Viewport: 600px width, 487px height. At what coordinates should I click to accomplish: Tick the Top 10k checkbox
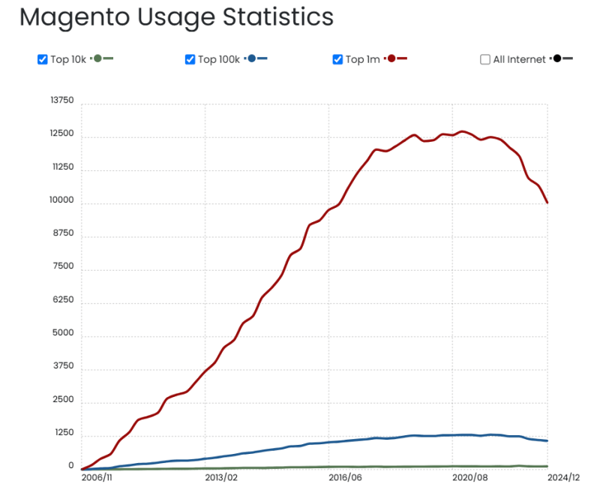pos(43,59)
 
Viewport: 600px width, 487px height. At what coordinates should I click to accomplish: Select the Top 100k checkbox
pos(190,59)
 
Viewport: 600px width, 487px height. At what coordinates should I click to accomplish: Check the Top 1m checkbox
pos(337,59)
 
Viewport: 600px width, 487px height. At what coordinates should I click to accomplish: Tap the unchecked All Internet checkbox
pos(485,59)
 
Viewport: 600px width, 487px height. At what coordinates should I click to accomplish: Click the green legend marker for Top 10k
pos(97,59)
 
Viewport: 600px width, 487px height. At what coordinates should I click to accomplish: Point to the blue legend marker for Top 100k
pos(252,59)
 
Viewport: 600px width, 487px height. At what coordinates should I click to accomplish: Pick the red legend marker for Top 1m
pos(391,59)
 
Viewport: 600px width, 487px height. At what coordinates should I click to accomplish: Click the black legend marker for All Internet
pos(556,59)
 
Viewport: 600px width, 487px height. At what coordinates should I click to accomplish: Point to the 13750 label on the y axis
pos(61,101)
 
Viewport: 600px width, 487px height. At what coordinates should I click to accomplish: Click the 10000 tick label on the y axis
pos(61,200)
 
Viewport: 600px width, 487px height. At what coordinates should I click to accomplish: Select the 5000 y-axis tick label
pos(64,333)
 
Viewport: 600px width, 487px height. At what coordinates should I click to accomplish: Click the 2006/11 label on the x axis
pos(97,476)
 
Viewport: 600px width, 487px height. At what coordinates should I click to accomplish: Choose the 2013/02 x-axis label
pos(221,476)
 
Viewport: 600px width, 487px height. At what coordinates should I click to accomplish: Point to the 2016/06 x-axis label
pos(346,476)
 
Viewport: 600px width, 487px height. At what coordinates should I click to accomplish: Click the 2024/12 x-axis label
pos(564,476)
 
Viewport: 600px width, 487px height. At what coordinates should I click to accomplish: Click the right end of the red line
pos(547,203)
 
